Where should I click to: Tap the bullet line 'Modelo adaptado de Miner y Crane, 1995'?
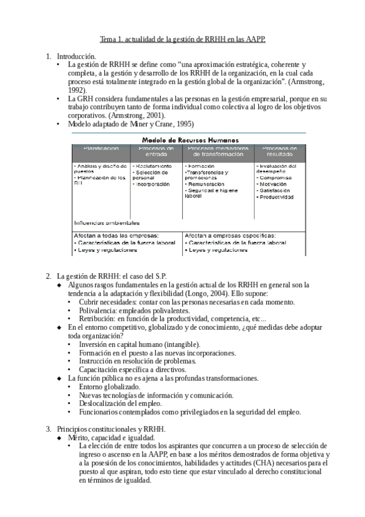tap(131, 124)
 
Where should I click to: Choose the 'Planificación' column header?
tap(101, 148)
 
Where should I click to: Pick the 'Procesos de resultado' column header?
tap(279, 151)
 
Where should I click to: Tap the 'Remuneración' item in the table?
tap(206, 184)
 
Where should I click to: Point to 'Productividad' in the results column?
tap(276, 197)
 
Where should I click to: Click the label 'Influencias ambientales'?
tap(107, 223)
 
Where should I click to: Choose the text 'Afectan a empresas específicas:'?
tap(230, 235)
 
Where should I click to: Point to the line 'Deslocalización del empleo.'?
tap(120, 404)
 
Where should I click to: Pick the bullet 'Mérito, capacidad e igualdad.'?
tap(112, 437)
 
